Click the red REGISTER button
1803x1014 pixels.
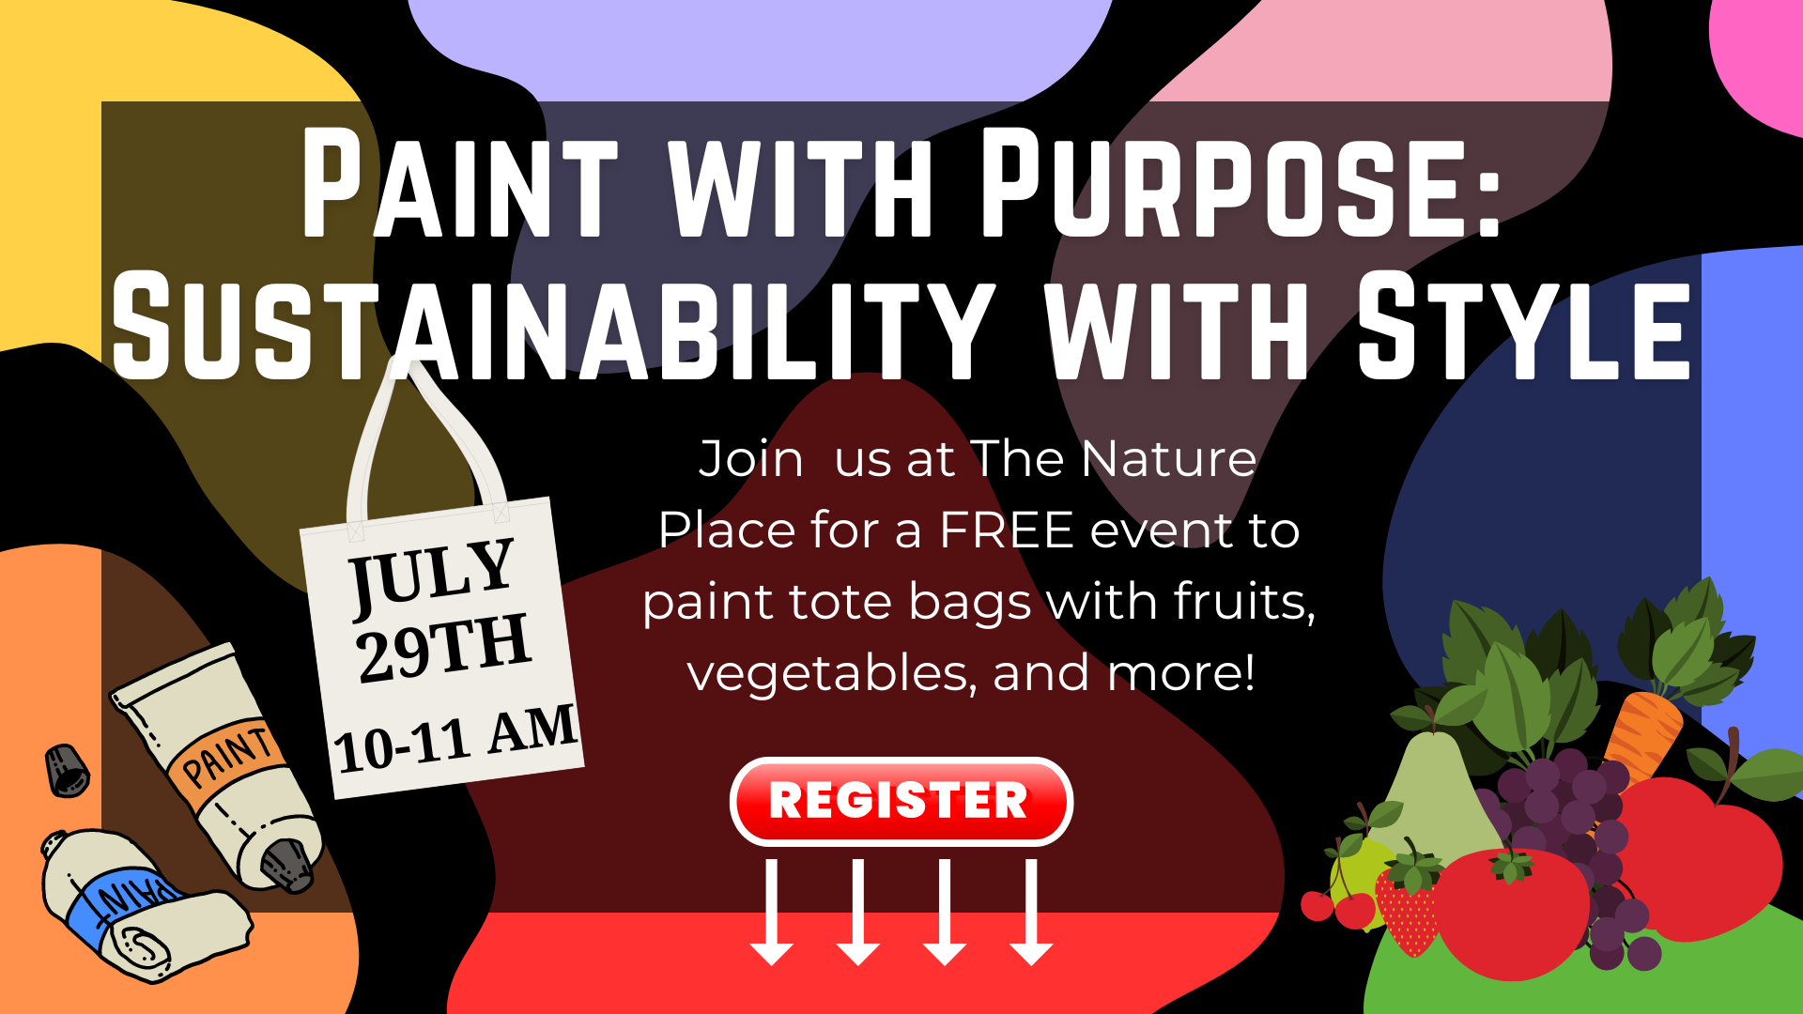901,801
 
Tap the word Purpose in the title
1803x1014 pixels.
1241,183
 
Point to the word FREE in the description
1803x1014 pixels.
1007,530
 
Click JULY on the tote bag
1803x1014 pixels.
433,575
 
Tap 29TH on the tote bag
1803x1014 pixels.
443,648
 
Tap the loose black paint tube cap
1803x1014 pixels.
68,771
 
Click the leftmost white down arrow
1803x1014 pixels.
772,912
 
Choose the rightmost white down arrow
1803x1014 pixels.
1031,912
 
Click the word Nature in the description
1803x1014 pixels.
1168,459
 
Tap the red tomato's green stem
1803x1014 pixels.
1511,866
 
